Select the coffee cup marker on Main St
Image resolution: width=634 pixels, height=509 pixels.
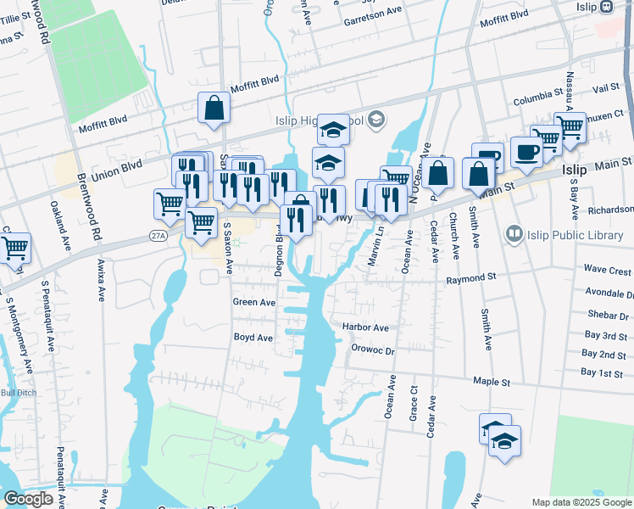click(526, 152)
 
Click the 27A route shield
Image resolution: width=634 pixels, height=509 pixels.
click(157, 235)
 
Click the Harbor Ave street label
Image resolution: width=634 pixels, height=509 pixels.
click(365, 327)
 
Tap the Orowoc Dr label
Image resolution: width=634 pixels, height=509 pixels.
click(372, 350)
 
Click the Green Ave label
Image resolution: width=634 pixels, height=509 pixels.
click(254, 302)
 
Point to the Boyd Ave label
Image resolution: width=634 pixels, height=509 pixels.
click(253, 338)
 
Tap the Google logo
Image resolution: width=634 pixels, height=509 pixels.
click(28, 499)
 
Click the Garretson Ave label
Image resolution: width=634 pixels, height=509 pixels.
click(372, 12)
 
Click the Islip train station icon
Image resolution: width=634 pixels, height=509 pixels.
click(606, 7)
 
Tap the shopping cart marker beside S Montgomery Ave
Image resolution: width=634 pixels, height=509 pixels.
click(14, 248)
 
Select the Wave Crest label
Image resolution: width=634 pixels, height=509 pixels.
click(608, 271)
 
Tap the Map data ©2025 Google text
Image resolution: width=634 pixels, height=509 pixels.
click(581, 502)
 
